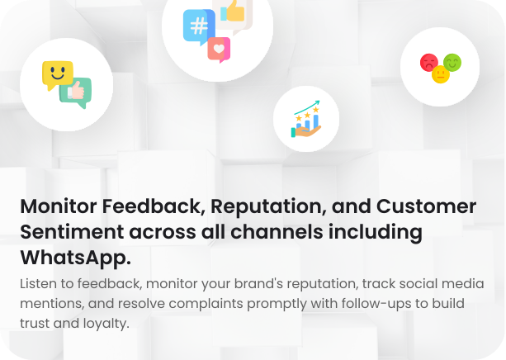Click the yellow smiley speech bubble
(58, 75)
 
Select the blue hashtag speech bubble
(199, 27)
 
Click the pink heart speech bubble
(219, 50)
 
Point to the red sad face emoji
(429, 62)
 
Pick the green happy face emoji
(452, 62)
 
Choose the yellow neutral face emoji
(441, 74)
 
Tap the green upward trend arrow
(307, 107)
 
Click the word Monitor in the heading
(59, 206)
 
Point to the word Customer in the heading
(426, 206)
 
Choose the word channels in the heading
(277, 232)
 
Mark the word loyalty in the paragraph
(106, 324)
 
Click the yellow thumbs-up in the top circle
(235, 12)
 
